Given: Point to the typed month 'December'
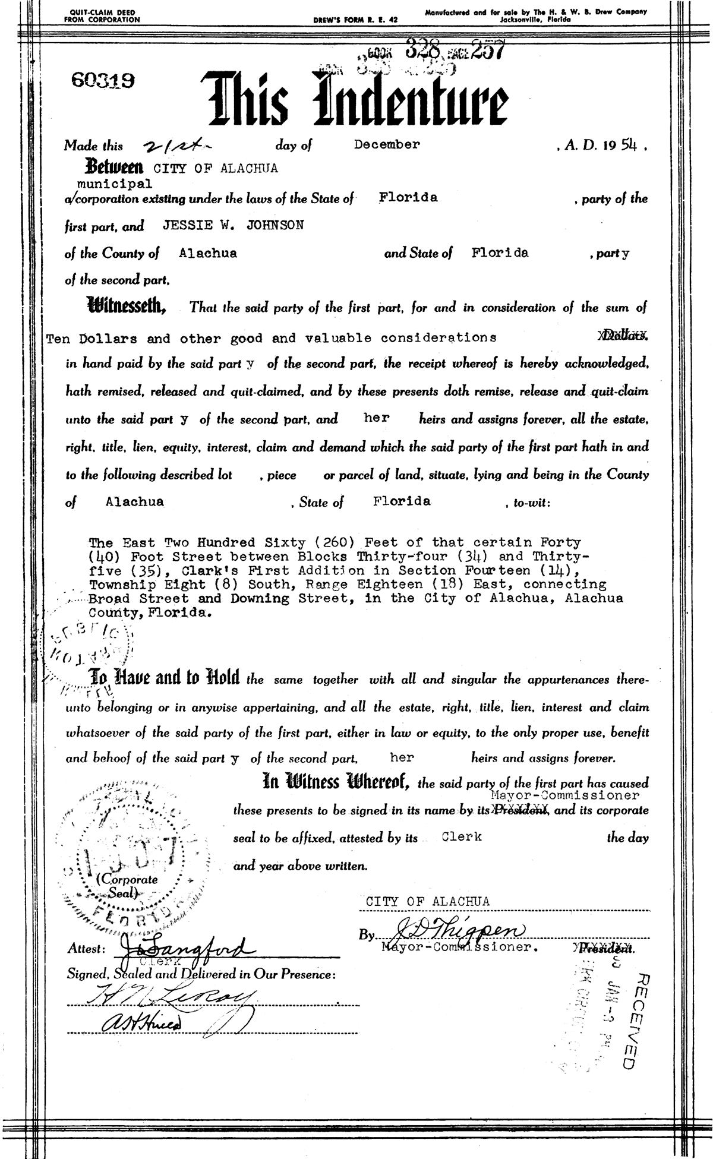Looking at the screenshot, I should tap(387, 144).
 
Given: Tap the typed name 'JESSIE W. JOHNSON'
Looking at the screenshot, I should tap(232, 226).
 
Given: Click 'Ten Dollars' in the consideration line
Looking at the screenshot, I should tap(92, 339).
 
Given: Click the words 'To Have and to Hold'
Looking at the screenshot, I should tap(164, 677).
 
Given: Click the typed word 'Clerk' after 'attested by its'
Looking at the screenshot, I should tap(462, 836).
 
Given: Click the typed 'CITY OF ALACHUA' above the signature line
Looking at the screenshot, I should tap(428, 901).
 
